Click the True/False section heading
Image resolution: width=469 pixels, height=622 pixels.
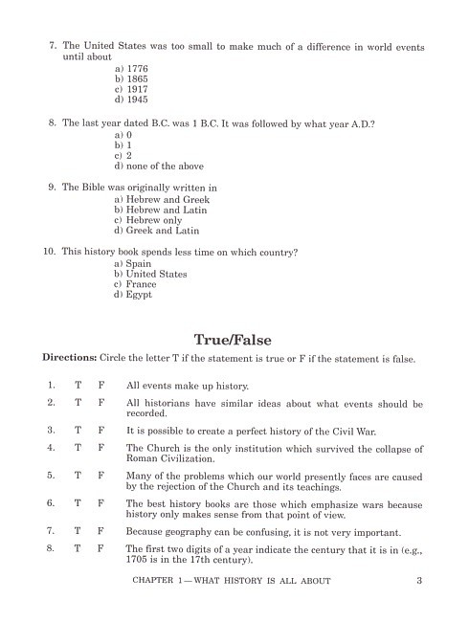click(x=234, y=340)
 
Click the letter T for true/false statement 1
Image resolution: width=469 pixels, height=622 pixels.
click(x=78, y=386)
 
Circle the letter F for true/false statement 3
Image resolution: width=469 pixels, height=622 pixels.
click(x=100, y=431)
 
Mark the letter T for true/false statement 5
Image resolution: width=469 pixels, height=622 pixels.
click(x=78, y=475)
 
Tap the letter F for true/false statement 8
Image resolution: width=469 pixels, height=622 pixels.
click(x=100, y=549)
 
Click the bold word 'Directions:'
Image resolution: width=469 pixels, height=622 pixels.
click(x=47, y=361)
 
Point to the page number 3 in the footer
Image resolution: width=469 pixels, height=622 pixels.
click(x=419, y=580)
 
